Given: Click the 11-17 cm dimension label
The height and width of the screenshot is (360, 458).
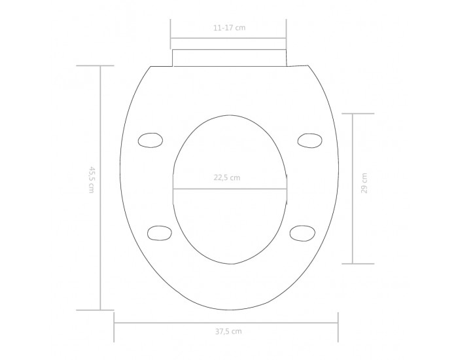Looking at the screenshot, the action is [x=229, y=28].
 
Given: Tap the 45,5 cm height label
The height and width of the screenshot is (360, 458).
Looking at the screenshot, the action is [x=92, y=180].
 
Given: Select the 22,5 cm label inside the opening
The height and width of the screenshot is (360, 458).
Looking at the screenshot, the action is [x=227, y=177].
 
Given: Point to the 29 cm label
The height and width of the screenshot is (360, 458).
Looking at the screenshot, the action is [x=364, y=183].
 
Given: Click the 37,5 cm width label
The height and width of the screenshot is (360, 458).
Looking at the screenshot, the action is [x=228, y=332].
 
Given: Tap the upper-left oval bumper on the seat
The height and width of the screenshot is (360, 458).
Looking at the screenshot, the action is [x=150, y=140].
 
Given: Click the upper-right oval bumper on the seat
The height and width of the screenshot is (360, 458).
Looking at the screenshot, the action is [x=310, y=141].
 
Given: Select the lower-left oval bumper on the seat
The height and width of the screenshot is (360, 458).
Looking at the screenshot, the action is [x=160, y=233].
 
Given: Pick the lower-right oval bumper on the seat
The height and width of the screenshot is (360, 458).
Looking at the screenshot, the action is [x=302, y=233].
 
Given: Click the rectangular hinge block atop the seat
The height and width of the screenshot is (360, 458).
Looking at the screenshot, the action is [x=230, y=58].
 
